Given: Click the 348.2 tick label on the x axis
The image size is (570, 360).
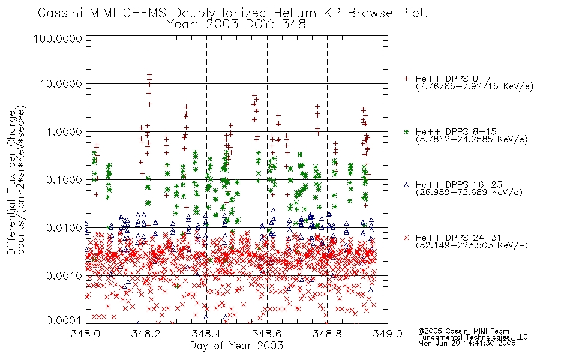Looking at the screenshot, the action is point(146,334).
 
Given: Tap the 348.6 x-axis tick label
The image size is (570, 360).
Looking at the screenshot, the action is point(267,334).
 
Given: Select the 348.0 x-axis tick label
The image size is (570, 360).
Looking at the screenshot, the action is point(86,334).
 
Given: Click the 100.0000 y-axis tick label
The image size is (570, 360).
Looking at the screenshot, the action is point(58,38).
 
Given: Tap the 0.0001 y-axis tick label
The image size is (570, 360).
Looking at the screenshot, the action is point(64,320).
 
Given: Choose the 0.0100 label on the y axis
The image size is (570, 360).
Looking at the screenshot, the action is point(64,228).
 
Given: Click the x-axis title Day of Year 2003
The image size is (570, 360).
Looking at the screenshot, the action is point(236,346).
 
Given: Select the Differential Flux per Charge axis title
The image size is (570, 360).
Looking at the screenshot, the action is point(11,182).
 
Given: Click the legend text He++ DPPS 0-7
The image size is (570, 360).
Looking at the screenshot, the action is point(453,79).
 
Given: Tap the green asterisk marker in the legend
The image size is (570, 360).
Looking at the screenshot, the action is point(406,131).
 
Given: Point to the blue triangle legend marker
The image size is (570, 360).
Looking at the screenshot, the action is point(406,185).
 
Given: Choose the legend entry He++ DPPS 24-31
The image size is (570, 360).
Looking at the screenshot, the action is point(458,238).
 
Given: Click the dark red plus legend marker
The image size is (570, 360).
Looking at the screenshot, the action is point(406,79).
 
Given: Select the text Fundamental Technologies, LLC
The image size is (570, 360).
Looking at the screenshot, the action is point(473,337).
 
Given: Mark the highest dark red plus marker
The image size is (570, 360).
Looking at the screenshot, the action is point(149,74).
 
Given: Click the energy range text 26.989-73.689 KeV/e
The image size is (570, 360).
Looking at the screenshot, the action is point(469,192).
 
